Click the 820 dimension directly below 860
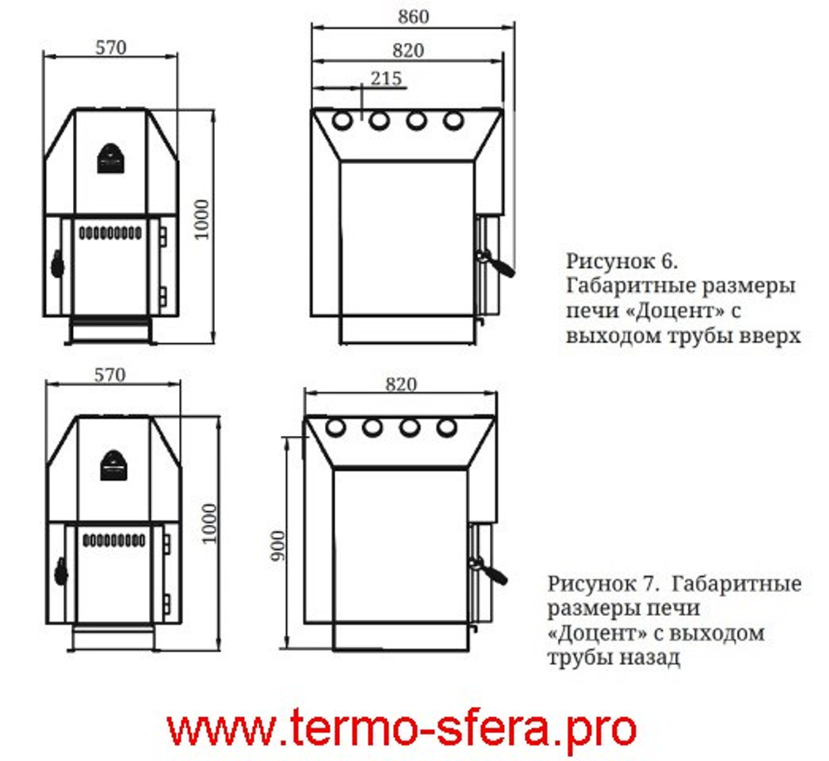(407, 51)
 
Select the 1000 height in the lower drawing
(208, 522)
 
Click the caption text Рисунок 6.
(622, 262)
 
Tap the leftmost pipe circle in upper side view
(342, 122)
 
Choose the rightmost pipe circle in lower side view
(446, 428)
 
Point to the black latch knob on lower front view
(60, 570)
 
